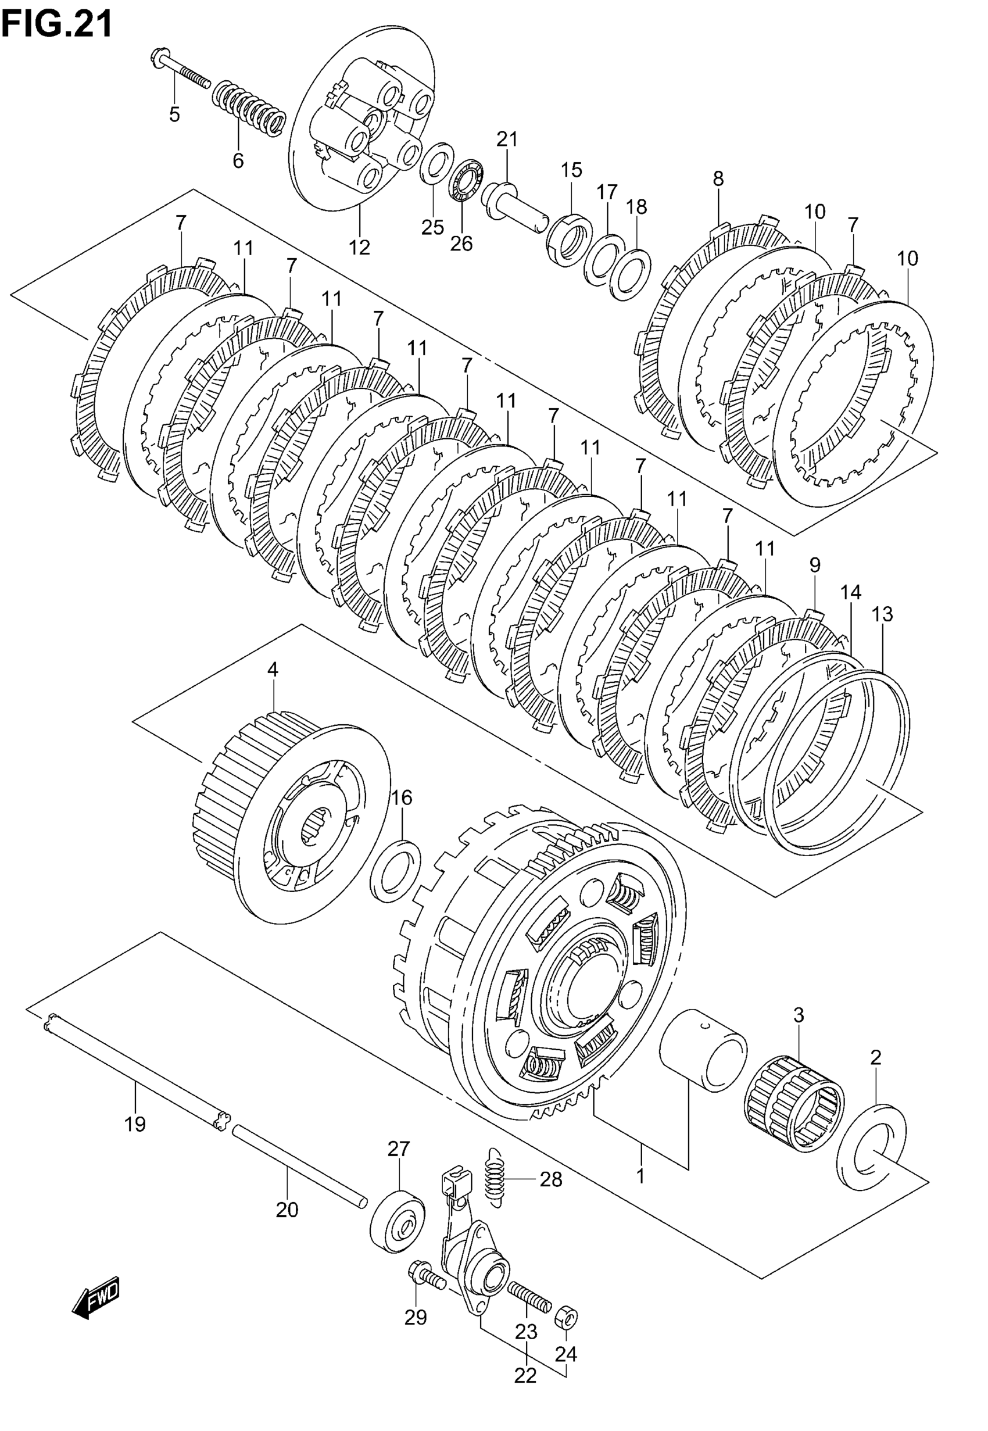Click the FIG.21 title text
pos(57,25)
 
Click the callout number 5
pos(174,115)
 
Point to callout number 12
pos(359,247)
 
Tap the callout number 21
pos(506,139)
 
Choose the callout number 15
pos(571,170)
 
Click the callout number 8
pos(718,179)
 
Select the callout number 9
pos(814,564)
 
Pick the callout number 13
pos(882,614)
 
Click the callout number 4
pos(273,669)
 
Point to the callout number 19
pos(135,1124)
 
